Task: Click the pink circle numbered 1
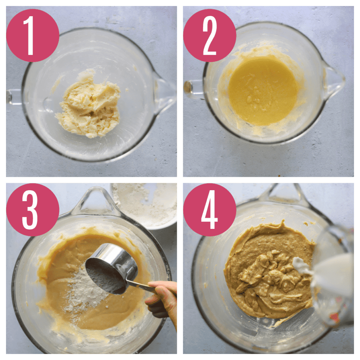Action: (x=33, y=35)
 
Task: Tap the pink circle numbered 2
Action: (x=210, y=35)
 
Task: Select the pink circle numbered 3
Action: (x=33, y=210)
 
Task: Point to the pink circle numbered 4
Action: (x=210, y=210)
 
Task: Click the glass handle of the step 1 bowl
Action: (x=14, y=97)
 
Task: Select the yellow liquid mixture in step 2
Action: (x=262, y=90)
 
